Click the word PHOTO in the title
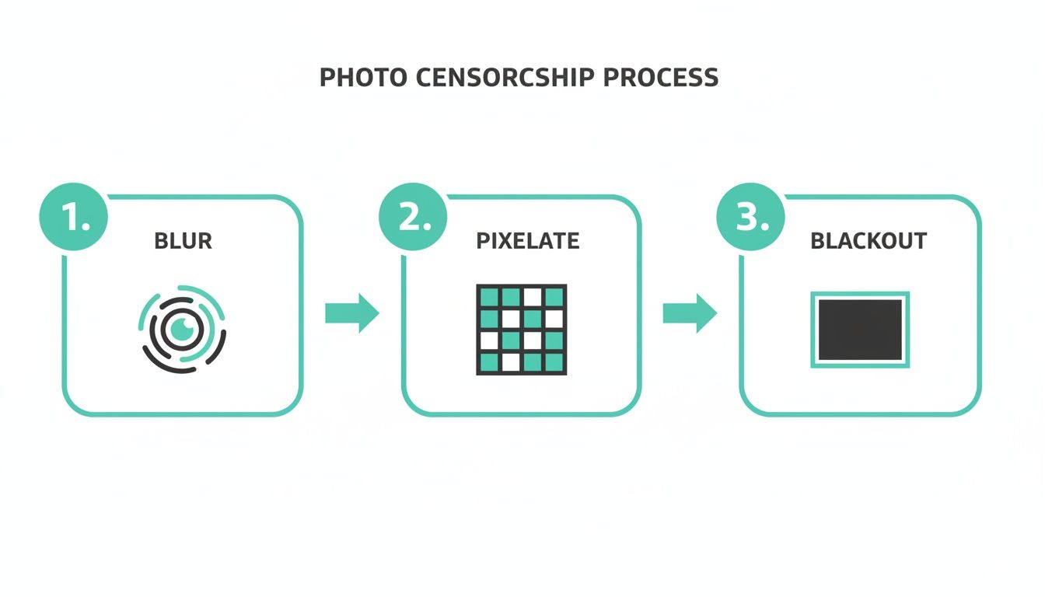click(363, 78)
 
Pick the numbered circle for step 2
click(413, 218)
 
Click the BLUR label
click(183, 241)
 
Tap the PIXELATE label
click(527, 241)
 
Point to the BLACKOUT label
click(869, 241)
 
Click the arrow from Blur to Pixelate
click(351, 313)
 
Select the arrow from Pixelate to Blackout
click(690, 313)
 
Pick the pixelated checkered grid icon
click(521, 330)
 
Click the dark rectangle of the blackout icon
click(860, 330)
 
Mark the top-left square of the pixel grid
click(489, 297)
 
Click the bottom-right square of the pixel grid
click(554, 362)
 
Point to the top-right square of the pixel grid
click(554, 297)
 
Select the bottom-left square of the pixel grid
click(489, 362)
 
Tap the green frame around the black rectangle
click(860, 295)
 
